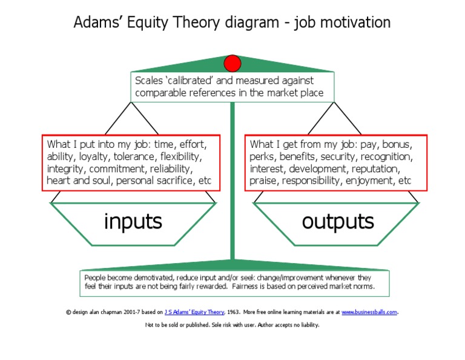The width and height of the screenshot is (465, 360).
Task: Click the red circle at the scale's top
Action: coord(232,63)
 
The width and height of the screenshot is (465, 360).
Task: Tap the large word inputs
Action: coord(133,221)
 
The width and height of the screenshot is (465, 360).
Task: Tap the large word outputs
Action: coord(338,221)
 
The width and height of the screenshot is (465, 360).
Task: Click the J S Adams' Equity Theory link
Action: coord(194,312)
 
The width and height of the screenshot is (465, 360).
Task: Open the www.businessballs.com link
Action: coord(369,312)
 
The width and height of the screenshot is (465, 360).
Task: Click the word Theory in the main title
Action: coord(196,22)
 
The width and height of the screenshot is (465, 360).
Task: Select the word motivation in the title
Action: coord(355,22)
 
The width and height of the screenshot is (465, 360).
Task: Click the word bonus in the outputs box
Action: coord(397,144)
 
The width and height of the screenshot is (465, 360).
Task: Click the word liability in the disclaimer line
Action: coord(310,325)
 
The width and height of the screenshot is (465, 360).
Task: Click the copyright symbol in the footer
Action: coord(68,312)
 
